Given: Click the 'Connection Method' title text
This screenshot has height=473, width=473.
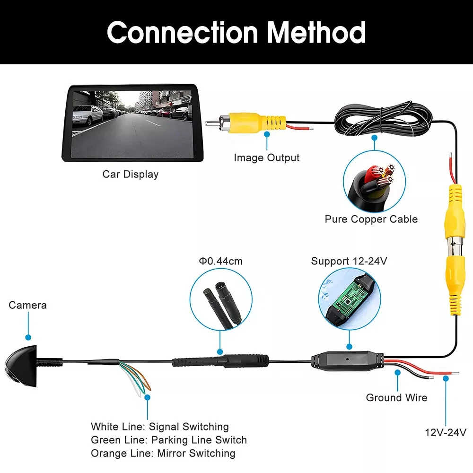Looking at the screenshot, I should (236, 32).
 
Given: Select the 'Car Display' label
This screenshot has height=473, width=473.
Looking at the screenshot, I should (131, 174).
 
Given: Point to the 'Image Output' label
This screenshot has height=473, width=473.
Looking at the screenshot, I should (267, 158).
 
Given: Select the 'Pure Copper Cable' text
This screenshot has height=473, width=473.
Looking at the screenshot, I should (371, 219).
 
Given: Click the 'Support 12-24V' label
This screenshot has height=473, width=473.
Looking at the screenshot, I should (349, 261).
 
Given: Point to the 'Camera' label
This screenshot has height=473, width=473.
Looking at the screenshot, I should (28, 305).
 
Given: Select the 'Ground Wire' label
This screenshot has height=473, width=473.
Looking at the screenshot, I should (396, 398).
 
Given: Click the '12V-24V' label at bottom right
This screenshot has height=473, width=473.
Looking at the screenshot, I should (445, 432).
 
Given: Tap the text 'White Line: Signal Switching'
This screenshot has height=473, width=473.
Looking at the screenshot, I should (160, 427).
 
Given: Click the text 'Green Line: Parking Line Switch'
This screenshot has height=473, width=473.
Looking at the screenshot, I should (169, 440).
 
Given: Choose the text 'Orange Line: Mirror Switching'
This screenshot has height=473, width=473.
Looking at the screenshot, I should (163, 453).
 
